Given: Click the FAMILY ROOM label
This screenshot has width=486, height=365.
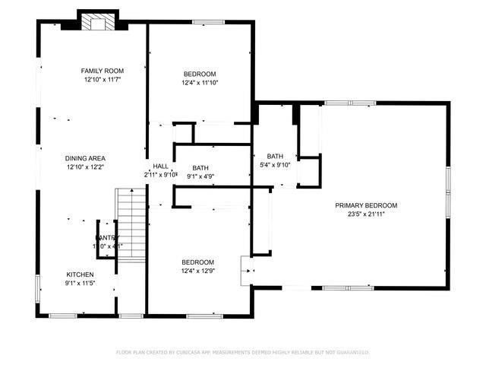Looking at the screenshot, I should [103, 71].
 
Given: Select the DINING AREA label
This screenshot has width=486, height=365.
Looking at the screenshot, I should [84, 157].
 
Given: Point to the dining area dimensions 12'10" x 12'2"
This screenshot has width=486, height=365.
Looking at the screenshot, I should [84, 167].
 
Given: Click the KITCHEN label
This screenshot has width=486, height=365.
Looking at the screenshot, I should [80, 275].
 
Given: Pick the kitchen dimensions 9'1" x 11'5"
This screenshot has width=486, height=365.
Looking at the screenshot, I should [80, 284].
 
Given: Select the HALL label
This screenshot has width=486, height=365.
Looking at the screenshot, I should [160, 166].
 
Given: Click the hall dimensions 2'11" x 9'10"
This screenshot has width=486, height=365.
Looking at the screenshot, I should [160, 175].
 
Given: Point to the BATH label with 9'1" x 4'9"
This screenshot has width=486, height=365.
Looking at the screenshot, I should [200, 168].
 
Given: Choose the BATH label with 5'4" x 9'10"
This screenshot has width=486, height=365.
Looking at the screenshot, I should [274, 156].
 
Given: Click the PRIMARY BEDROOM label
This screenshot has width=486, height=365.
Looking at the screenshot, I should [367, 205].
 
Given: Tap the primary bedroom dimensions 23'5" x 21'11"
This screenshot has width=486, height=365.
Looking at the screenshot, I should [367, 214].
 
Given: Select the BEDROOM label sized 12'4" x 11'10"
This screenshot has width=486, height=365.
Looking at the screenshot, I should [200, 74].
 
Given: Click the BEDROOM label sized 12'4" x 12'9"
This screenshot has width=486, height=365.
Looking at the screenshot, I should [197, 262].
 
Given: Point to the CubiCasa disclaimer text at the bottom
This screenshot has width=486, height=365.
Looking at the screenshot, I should [242, 352].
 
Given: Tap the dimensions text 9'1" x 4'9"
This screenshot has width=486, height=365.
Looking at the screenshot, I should [200, 177].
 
